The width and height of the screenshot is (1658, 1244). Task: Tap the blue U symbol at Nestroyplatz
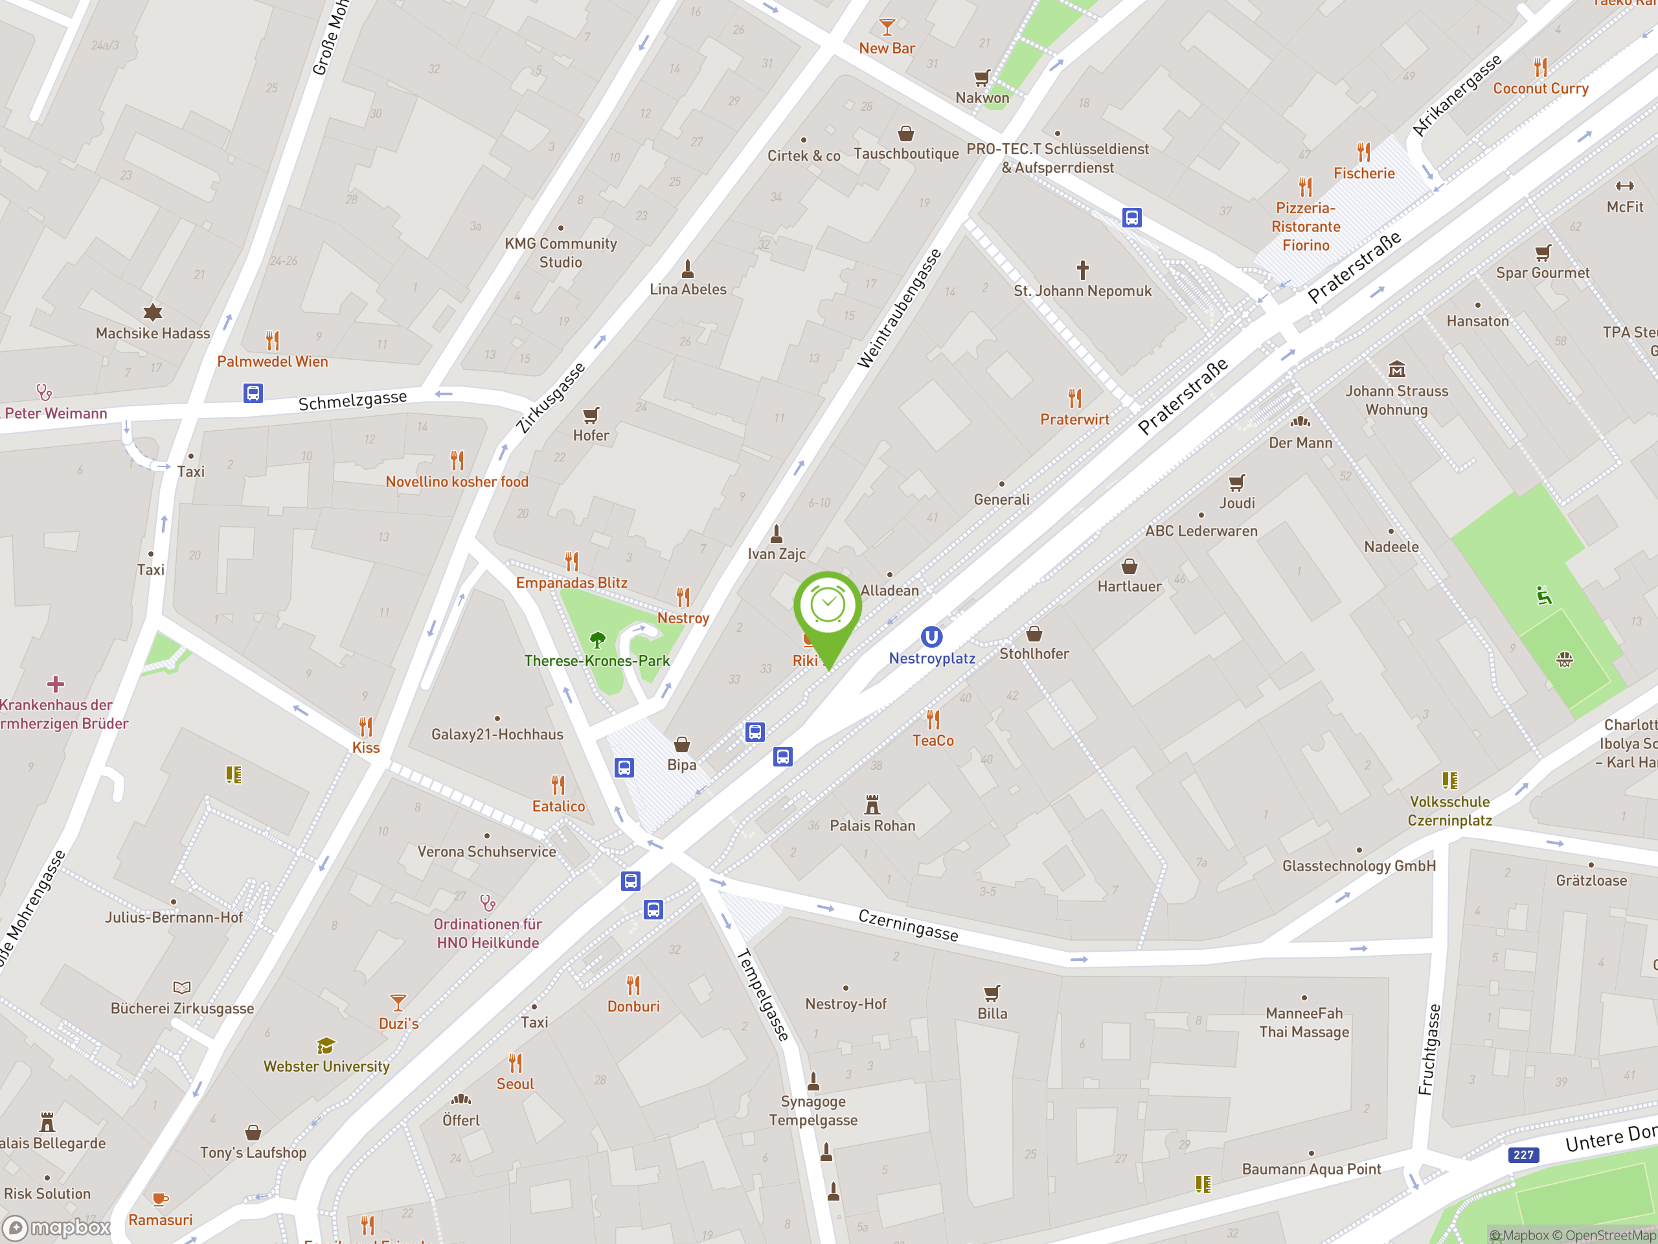(931, 638)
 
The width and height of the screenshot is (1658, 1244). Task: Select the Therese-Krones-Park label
(596, 661)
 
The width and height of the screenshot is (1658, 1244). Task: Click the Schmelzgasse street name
(352, 400)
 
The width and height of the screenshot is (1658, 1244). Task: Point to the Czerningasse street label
(908, 925)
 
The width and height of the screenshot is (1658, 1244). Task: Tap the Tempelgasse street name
(763, 995)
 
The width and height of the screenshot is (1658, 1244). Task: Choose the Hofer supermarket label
(591, 435)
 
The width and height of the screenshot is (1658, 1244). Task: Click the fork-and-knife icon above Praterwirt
(1075, 397)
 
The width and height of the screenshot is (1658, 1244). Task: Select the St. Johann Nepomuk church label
(1082, 291)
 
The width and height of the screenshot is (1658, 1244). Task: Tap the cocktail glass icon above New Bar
(887, 27)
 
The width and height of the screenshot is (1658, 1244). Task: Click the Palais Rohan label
(872, 825)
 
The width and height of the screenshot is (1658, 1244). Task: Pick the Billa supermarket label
(992, 1013)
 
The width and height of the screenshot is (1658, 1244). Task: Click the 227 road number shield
(1523, 1155)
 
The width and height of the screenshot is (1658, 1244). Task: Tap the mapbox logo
(57, 1228)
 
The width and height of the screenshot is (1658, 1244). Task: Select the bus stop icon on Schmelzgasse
(253, 393)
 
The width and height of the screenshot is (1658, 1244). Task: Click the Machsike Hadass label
(153, 333)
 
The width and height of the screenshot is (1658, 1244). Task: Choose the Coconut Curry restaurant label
(1540, 89)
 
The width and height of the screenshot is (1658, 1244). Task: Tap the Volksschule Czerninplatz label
(1449, 811)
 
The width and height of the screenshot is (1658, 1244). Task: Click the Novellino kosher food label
(457, 481)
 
